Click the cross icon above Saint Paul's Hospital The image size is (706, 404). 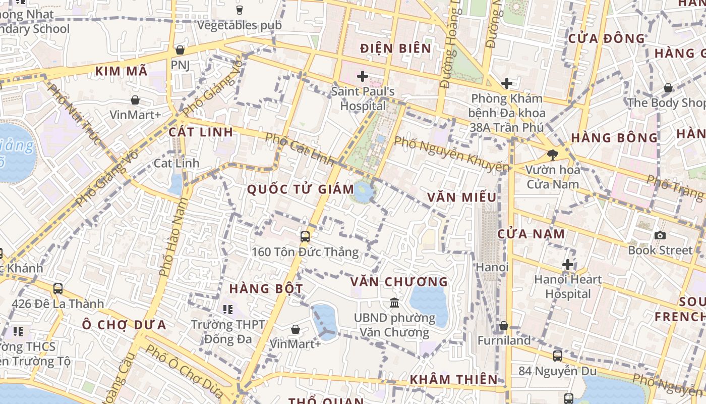[x=362, y=77]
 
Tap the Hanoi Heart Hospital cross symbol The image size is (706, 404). [x=568, y=264]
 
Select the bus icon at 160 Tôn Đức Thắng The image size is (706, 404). [x=305, y=236]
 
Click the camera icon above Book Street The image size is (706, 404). [x=660, y=235]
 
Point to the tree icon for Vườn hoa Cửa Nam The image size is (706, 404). [x=553, y=155]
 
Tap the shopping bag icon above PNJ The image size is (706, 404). [x=180, y=50]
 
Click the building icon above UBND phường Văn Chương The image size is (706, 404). [x=394, y=302]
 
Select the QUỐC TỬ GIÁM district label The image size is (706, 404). [x=301, y=189]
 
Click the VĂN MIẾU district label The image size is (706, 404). [x=461, y=197]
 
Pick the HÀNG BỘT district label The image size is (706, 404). [x=266, y=289]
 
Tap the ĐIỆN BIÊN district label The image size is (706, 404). [x=396, y=48]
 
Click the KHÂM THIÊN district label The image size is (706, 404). [x=453, y=380]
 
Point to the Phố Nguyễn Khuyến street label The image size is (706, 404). [x=451, y=154]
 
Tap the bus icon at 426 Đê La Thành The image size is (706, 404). [x=58, y=289]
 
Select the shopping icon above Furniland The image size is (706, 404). [x=503, y=326]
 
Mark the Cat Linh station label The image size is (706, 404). [x=176, y=163]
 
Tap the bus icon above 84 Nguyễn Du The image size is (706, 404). [x=557, y=356]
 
